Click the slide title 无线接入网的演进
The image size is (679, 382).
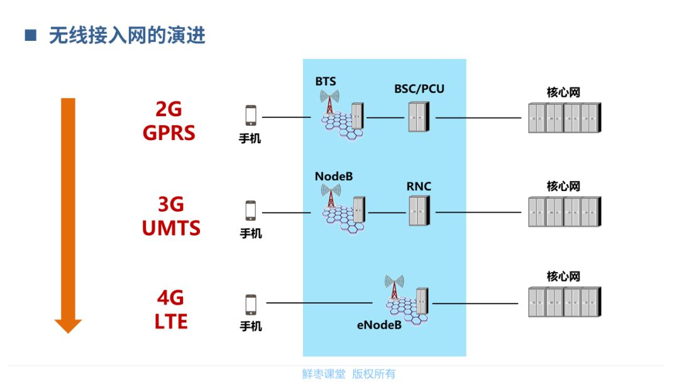coord(127,35)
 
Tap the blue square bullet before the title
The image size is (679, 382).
coord(30,35)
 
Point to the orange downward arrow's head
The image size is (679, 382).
coord(68,325)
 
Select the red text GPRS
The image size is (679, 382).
coord(169,133)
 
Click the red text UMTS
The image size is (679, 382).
coord(171,228)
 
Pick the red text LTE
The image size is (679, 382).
coord(171,322)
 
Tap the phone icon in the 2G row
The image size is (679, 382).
coord(251,116)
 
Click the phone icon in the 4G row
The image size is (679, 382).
coord(251,305)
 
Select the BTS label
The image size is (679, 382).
coord(326,81)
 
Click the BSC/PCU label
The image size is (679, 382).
coord(419,89)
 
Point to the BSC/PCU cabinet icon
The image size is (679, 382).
coord(419,117)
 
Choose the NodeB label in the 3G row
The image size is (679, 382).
coord(334,177)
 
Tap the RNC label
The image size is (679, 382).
coord(419,187)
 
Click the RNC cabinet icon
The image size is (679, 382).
coord(419,210)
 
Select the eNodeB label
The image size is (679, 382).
coord(379,325)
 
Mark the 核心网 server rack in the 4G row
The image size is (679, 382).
coord(565,302)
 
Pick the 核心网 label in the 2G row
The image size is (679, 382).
coord(563,92)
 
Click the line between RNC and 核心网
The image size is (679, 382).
coord(478,212)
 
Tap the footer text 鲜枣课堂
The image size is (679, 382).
coord(324,374)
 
